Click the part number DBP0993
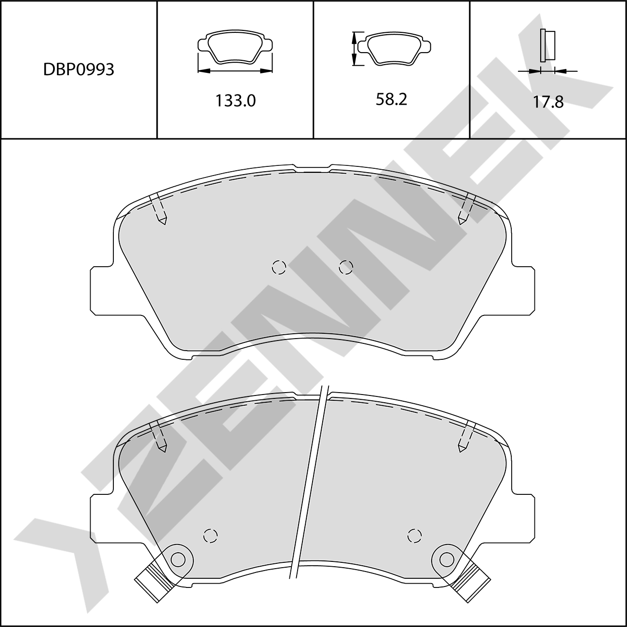[x=79, y=69]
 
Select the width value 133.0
[x=235, y=101]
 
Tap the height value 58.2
[x=392, y=99]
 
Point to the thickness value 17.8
[x=548, y=102]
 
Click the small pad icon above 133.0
[x=235, y=46]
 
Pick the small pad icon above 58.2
[x=395, y=48]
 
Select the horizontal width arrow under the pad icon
[x=235, y=70]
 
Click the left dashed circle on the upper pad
[x=279, y=268]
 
